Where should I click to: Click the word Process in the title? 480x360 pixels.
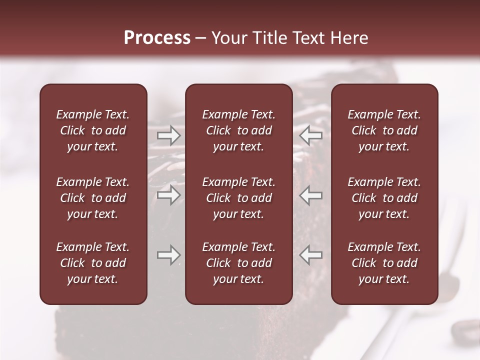157,38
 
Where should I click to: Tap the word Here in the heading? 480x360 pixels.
349,38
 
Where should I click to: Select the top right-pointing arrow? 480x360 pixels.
169,135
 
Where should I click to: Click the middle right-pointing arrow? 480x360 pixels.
169,195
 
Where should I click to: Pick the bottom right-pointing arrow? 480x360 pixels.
169,255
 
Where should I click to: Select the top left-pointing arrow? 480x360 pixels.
311,135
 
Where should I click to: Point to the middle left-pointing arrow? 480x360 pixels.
311,195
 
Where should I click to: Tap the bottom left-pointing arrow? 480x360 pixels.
311,255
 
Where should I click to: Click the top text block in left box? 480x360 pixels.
93,130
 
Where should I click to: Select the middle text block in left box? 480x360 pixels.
93,198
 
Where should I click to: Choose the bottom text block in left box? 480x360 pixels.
93,263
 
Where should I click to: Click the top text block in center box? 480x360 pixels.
238,130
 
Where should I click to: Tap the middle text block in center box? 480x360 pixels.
238,198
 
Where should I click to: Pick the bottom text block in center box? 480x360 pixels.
238,263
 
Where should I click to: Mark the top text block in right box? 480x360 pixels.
384,130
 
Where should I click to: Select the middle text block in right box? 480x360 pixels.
384,198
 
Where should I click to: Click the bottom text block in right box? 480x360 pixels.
384,263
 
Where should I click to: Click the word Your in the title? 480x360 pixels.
229,38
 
